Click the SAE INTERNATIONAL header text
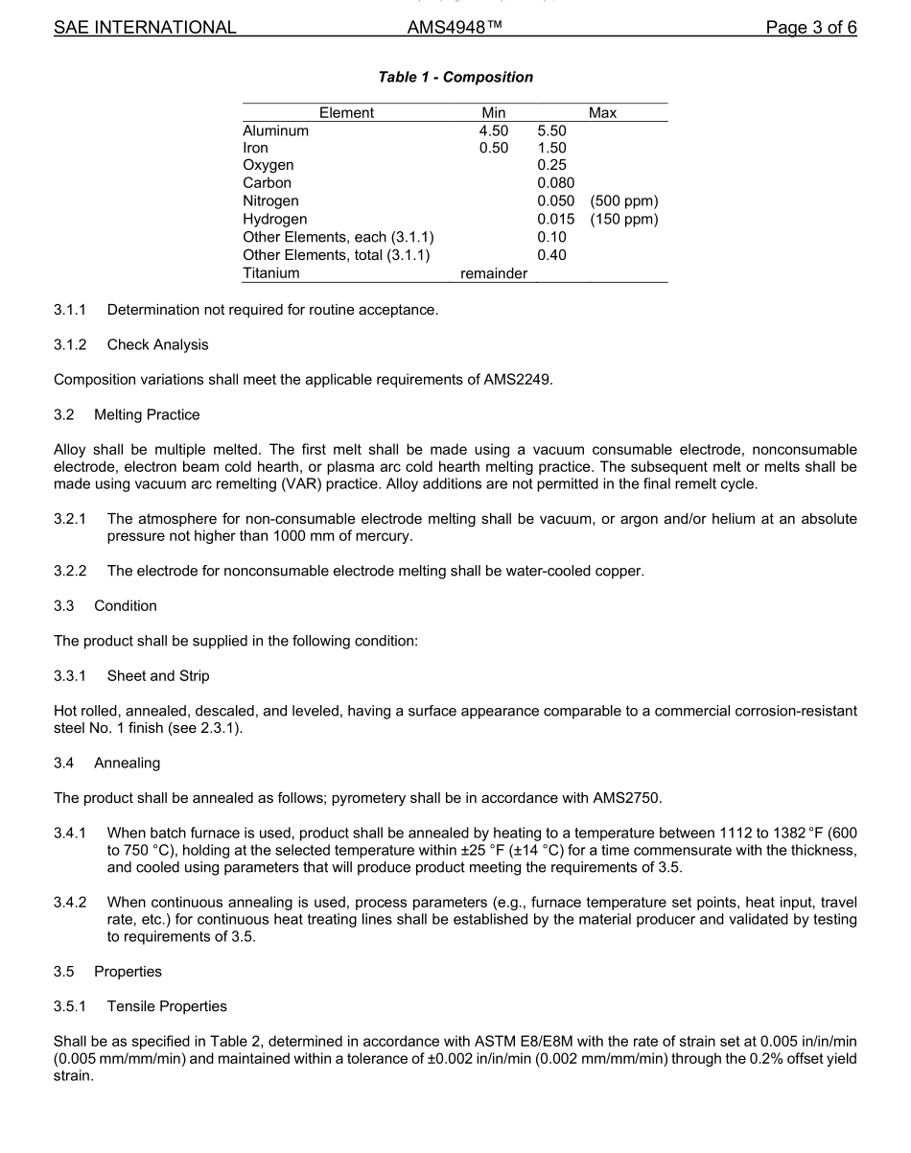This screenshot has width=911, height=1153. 145,28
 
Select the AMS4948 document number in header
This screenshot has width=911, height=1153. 455,28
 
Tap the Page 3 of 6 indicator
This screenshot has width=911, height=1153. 810,28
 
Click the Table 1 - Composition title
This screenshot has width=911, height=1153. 455,77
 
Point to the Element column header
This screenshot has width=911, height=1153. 346,113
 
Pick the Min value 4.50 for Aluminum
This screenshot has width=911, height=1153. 494,130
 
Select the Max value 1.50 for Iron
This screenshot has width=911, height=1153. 551,148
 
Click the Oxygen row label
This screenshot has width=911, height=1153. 269,165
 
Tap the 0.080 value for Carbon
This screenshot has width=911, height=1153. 555,182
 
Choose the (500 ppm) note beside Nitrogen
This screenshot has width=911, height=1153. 624,201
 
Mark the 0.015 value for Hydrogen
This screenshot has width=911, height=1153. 555,220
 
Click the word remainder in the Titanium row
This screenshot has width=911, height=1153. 494,273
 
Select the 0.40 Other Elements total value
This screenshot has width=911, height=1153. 551,255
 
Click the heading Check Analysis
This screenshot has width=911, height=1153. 157,344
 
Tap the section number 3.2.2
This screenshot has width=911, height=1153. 70,572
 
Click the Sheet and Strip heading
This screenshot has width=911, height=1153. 158,676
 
